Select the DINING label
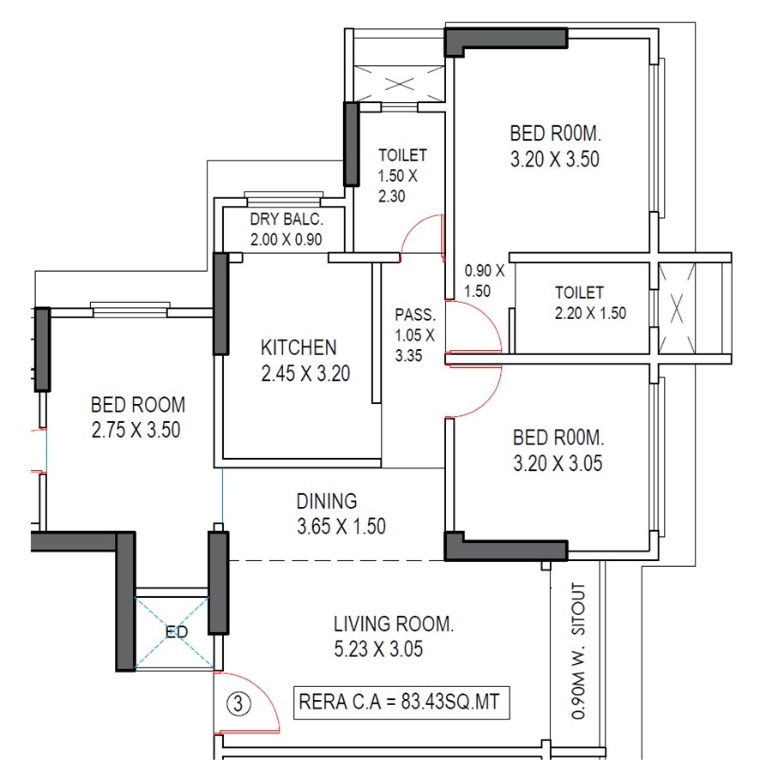(326, 501)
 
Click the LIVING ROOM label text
(394, 623)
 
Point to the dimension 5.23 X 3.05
(378, 648)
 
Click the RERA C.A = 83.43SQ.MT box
(402, 703)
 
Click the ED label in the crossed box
(176, 633)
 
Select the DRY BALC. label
(286, 220)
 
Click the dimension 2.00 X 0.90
(286, 240)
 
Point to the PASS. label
(415, 314)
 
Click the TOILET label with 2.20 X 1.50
(579, 293)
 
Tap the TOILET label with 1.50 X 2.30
(402, 155)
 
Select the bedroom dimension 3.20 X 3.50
(554, 159)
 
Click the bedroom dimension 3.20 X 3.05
(558, 464)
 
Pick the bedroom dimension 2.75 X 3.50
(136, 430)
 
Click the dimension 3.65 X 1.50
(341, 527)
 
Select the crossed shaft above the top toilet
(399, 83)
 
